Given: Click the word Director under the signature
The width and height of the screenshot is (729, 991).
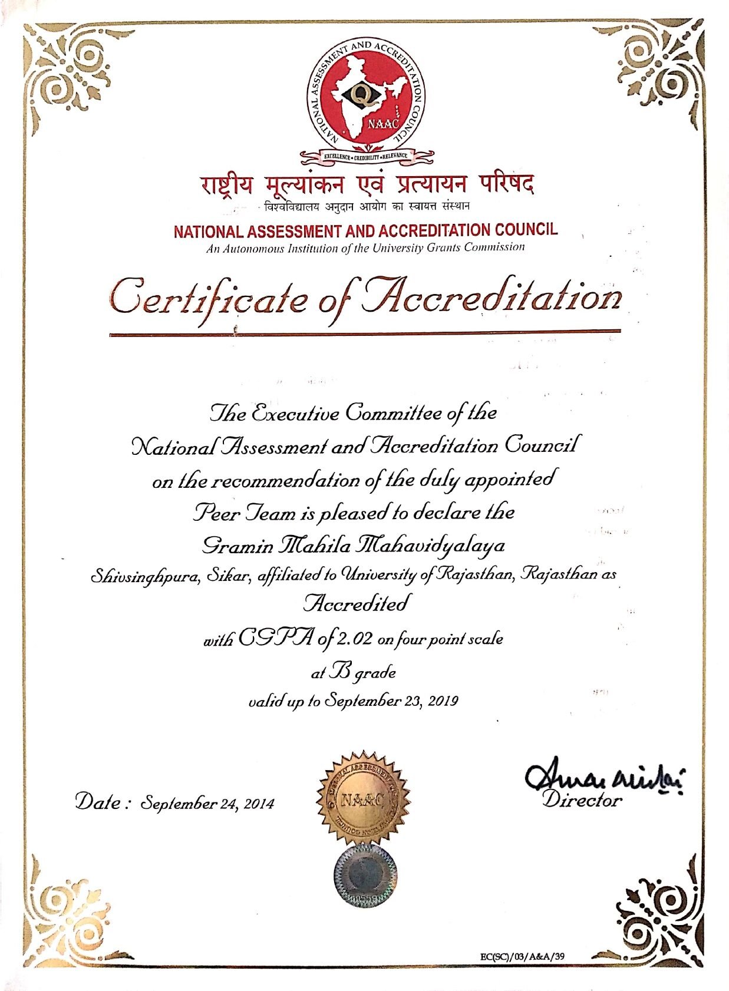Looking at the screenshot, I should coord(582,800).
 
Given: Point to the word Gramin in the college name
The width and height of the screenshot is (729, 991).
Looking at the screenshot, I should coord(237,546).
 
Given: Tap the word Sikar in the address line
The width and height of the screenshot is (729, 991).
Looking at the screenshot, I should coord(230,575).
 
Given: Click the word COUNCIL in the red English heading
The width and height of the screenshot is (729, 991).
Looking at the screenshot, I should coord(522,230).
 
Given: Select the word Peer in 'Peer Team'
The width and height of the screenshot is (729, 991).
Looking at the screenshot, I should coord(213,513).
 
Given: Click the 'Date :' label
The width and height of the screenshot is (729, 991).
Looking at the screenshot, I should coord(102,802).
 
